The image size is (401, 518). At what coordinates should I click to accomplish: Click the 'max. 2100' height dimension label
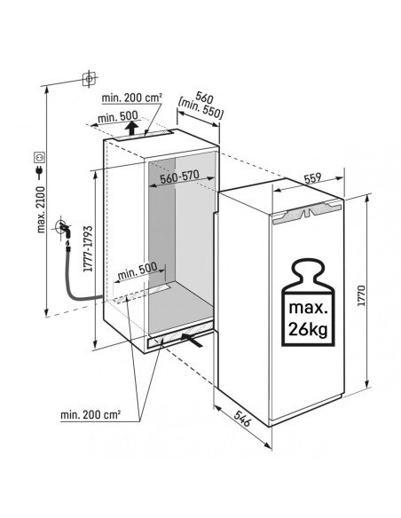click(x=41, y=209)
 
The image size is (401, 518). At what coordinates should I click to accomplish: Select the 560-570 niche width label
click(x=179, y=177)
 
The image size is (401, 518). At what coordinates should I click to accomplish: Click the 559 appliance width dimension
click(x=312, y=178)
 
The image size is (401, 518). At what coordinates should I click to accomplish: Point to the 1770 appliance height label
click(x=361, y=295)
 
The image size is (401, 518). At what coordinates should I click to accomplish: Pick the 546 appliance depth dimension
click(x=243, y=419)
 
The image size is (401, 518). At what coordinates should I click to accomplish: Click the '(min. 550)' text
click(x=200, y=108)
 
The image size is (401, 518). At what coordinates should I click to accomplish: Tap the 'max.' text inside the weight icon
click(x=308, y=308)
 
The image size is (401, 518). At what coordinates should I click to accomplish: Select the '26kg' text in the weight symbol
click(x=308, y=329)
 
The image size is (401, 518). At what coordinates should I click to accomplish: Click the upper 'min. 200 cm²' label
click(x=132, y=98)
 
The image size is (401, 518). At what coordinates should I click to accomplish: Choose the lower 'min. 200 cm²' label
click(x=90, y=415)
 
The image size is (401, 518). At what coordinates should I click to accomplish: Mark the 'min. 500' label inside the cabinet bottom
click(x=138, y=271)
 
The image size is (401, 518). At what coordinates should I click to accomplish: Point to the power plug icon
click(x=40, y=171)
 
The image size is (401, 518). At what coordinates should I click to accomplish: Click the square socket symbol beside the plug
click(x=40, y=157)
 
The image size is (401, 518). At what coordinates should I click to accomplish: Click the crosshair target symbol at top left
click(x=89, y=79)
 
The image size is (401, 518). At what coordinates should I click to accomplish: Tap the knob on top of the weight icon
click(x=308, y=271)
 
